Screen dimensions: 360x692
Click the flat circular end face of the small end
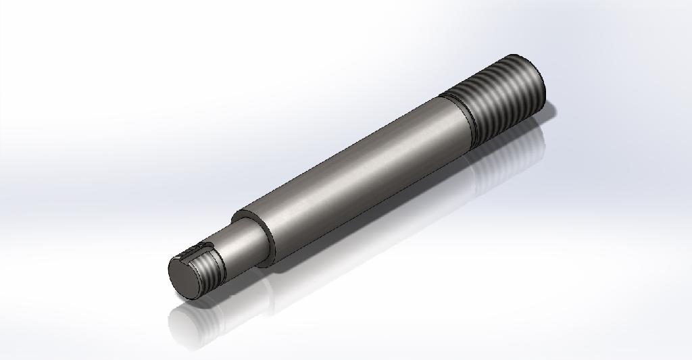pos(183,278)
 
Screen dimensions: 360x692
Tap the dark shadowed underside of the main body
pos(378,203)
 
